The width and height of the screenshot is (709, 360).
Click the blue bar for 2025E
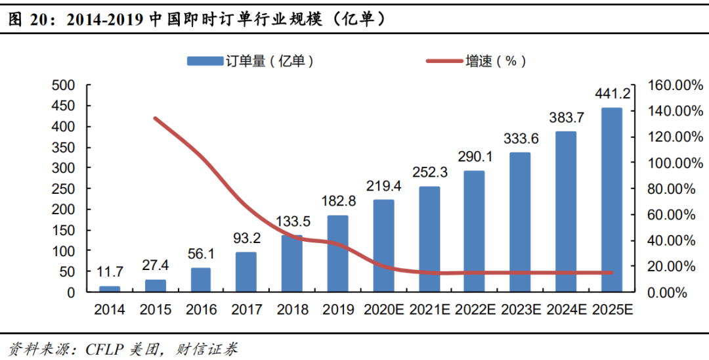pyautogui.click(x=611, y=200)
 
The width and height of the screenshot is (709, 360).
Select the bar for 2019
pyautogui.click(x=337, y=254)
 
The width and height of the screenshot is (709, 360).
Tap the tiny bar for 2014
pyautogui.click(x=110, y=288)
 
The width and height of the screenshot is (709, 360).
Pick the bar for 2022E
pyautogui.click(x=474, y=231)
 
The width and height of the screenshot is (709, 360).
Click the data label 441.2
pyautogui.click(x=612, y=94)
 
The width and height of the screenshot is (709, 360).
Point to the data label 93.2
pyautogui.click(x=246, y=238)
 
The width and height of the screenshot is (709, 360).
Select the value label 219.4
pyautogui.click(x=383, y=186)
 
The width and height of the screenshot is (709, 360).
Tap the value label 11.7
pyautogui.click(x=110, y=272)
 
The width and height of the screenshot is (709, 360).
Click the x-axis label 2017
pyautogui.click(x=246, y=309)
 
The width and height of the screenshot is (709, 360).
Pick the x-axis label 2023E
pyautogui.click(x=521, y=309)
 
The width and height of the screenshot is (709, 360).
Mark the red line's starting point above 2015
pyautogui.click(x=155, y=118)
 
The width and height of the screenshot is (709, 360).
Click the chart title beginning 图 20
pyautogui.click(x=197, y=20)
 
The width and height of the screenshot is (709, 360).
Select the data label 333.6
pyautogui.click(x=521, y=139)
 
